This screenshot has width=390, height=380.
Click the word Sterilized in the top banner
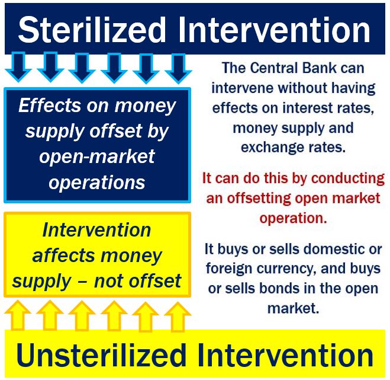[x=92, y=30]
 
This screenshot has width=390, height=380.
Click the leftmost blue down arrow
[x=18, y=67]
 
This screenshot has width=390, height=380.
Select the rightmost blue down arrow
[x=178, y=68]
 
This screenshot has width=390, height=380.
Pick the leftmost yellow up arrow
[x=18, y=315]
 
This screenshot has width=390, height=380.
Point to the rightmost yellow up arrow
[x=178, y=317]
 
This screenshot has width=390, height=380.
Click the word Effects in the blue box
[x=50, y=105]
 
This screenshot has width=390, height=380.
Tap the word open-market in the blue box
[x=97, y=157]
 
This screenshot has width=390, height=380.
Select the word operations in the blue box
[x=97, y=183]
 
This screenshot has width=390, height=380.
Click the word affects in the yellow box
[x=64, y=256]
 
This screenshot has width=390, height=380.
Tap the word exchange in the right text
[x=273, y=147]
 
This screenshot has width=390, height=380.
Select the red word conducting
[x=348, y=178]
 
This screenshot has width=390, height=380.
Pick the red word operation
[x=293, y=218]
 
